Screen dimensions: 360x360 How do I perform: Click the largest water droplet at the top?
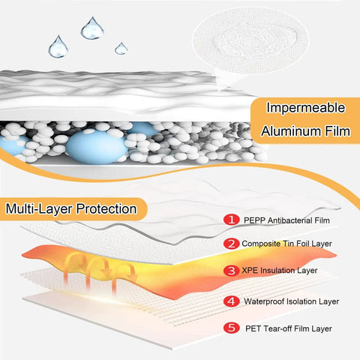[92, 28]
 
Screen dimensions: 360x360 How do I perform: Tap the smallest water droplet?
[121, 49]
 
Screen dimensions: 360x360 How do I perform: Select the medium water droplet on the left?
[58, 47]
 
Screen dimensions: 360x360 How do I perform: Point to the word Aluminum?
[291, 131]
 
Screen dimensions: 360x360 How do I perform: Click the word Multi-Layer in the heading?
[39, 208]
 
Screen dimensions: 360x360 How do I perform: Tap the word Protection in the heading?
[106, 208]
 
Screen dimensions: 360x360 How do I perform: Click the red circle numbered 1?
[232, 220]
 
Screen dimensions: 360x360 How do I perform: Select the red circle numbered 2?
[232, 244]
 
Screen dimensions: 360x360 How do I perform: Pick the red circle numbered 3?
[232, 271]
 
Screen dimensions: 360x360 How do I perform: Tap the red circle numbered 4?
[232, 301]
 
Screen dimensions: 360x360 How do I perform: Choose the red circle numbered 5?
[232, 328]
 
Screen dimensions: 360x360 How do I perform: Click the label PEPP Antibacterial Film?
[286, 220]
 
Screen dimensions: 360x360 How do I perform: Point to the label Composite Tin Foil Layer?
[286, 244]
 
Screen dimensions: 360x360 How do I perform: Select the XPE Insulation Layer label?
[280, 271]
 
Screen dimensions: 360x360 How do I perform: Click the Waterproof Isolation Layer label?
[292, 301]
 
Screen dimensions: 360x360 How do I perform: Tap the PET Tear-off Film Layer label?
[289, 328]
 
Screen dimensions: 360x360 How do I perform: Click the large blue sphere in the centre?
[97, 148]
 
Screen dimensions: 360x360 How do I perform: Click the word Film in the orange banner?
[337, 131]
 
